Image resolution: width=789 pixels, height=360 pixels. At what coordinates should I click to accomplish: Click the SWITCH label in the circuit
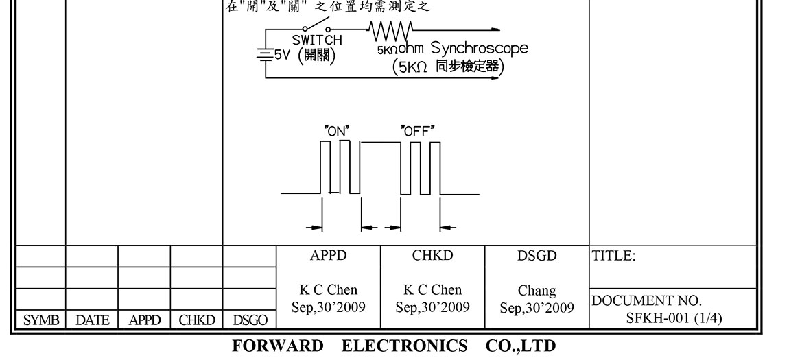click(x=316, y=40)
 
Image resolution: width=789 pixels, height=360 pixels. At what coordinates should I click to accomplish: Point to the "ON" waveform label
click(x=336, y=130)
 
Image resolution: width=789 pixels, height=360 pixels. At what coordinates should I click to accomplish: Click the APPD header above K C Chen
click(x=329, y=256)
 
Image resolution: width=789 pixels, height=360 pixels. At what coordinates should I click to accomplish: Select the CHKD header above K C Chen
click(x=433, y=256)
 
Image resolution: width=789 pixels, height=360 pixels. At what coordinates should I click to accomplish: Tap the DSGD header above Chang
click(x=537, y=256)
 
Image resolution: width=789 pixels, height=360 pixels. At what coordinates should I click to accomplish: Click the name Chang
click(x=537, y=291)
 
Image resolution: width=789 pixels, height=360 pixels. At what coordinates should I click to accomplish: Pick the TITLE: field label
click(x=614, y=256)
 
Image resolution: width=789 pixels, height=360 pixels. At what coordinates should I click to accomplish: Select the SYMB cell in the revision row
click(x=38, y=319)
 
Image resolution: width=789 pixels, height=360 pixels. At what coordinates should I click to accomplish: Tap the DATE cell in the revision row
click(x=92, y=319)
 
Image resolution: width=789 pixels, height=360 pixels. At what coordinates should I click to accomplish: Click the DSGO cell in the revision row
click(x=250, y=319)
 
